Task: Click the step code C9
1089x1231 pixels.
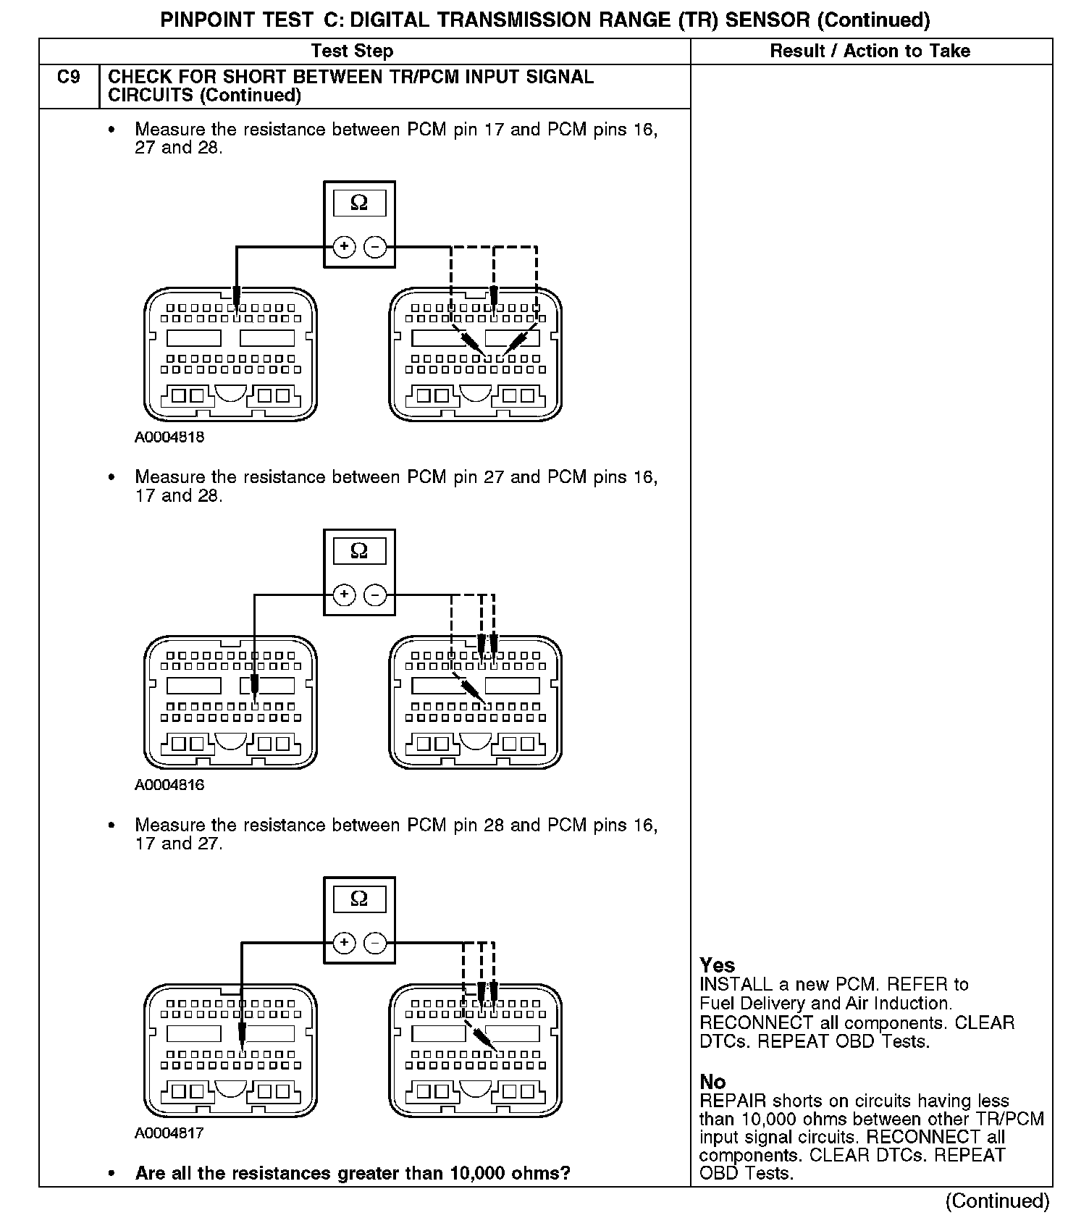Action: pos(69,77)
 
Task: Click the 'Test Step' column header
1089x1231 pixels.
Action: pos(352,51)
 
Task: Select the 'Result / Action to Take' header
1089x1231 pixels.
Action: pos(870,51)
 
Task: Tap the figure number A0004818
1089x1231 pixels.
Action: pos(169,437)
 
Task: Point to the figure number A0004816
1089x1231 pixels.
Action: pos(169,785)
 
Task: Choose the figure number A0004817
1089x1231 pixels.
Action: pos(169,1133)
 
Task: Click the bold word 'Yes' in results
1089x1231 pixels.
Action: pos(717,965)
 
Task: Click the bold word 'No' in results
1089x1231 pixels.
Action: pos(712,1082)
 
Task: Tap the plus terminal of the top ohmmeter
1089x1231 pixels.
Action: pos(344,247)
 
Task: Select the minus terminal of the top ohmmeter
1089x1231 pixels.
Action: pos(375,247)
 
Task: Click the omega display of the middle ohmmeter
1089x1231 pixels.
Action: pos(359,551)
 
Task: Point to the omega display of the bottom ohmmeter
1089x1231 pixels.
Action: pos(359,899)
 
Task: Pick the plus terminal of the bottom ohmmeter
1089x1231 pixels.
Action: pos(344,943)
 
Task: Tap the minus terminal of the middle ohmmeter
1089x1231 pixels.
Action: pos(375,595)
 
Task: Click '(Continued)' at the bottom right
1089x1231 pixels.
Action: pos(997,1201)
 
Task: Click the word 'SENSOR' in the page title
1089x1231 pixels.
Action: pos(767,20)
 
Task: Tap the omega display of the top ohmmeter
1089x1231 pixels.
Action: pos(359,203)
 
